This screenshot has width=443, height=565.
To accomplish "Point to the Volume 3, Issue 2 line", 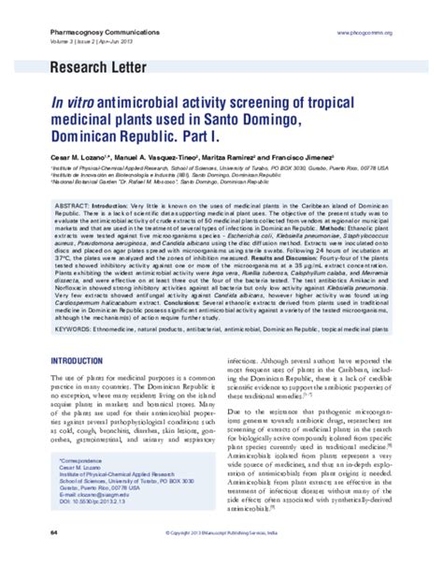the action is point(80,42).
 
